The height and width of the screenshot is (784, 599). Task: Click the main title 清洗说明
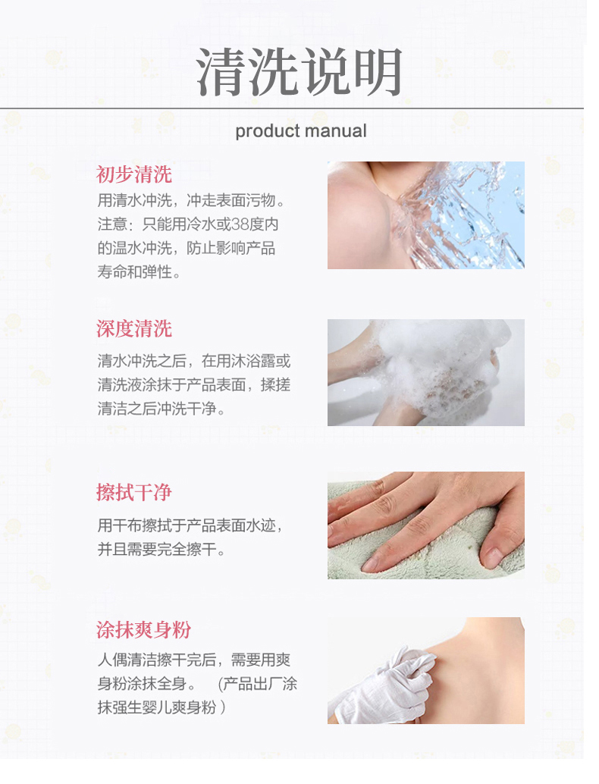pyautogui.click(x=299, y=71)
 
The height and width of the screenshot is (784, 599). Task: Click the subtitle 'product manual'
pyautogui.click(x=301, y=131)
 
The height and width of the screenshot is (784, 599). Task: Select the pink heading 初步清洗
pyautogui.click(x=134, y=174)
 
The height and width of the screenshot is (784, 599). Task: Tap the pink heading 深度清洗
pyautogui.click(x=134, y=328)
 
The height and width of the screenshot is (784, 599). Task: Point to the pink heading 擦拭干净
pyautogui.click(x=134, y=493)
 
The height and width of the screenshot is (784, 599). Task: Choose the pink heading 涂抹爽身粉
pyautogui.click(x=143, y=630)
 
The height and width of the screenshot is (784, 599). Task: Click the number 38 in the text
pyautogui.click(x=240, y=224)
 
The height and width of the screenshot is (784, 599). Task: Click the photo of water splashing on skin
pyautogui.click(x=426, y=215)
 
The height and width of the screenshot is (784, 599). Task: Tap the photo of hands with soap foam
pyautogui.click(x=426, y=372)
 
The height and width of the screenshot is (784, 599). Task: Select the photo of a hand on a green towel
pyautogui.click(x=426, y=525)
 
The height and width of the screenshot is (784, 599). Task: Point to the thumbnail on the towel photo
pyautogui.click(x=493, y=557)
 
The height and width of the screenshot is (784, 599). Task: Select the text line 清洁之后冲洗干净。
pyautogui.click(x=161, y=409)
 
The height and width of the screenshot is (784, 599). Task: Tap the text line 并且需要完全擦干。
pyautogui.click(x=161, y=549)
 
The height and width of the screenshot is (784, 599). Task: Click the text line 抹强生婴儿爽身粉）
pyautogui.click(x=162, y=707)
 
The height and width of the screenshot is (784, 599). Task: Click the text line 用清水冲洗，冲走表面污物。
pyautogui.click(x=191, y=200)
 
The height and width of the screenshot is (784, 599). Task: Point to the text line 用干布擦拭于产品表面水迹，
pyautogui.click(x=190, y=525)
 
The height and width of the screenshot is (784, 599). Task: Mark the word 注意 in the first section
pyautogui.click(x=111, y=224)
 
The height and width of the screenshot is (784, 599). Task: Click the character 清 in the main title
pyautogui.click(x=221, y=71)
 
